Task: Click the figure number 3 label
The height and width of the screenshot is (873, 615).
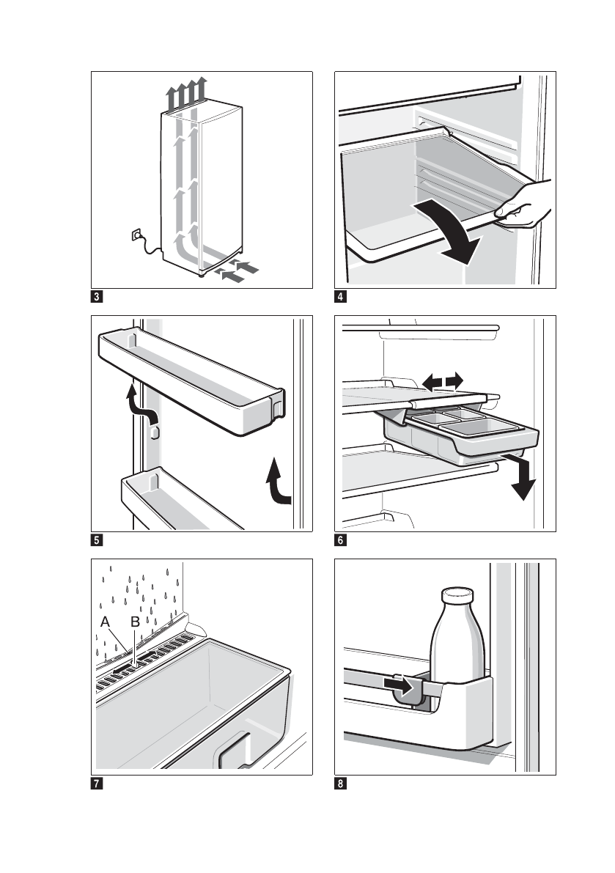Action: tap(97, 297)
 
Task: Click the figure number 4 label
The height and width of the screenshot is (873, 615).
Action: tap(340, 297)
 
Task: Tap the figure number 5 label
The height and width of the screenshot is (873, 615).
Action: tap(97, 541)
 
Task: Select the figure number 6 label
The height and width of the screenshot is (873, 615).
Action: tap(340, 541)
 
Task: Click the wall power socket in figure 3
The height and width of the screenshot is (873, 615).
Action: tap(135, 235)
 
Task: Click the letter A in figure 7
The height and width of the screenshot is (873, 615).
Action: tap(106, 622)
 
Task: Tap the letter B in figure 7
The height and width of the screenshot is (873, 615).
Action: tap(135, 622)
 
